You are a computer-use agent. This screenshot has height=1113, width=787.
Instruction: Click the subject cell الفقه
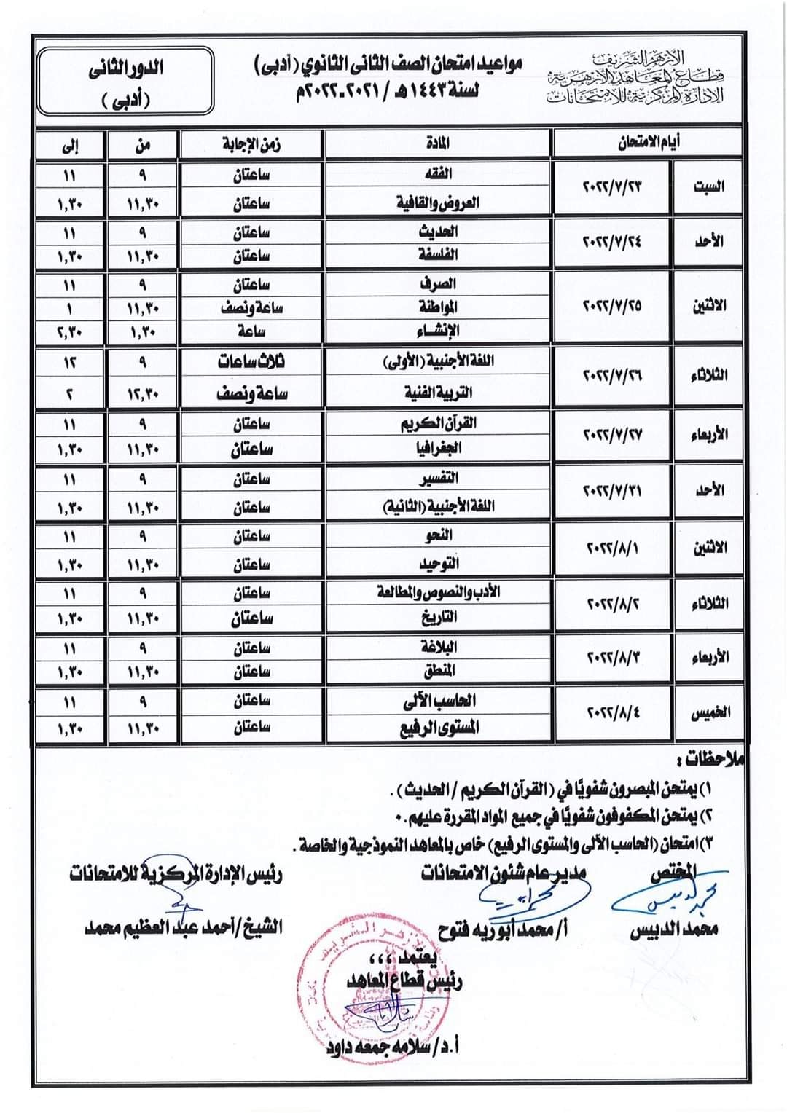(437, 174)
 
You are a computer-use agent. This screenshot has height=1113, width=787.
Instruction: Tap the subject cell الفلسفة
(437, 256)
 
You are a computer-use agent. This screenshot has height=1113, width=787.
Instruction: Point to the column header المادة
(437, 143)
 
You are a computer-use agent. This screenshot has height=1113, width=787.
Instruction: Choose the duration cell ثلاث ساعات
(251, 362)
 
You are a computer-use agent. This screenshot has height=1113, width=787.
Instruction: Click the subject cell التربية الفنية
(437, 393)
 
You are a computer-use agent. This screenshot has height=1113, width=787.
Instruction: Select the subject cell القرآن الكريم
(437, 423)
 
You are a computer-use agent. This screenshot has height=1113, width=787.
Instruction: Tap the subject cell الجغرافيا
(437, 449)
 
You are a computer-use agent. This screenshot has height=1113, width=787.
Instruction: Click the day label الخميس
(710, 713)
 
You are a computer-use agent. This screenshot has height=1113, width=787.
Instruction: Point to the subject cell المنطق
(437, 671)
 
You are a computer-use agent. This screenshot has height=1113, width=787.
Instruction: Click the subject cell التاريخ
(437, 618)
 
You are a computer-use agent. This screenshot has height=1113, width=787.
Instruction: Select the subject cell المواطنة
(437, 307)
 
